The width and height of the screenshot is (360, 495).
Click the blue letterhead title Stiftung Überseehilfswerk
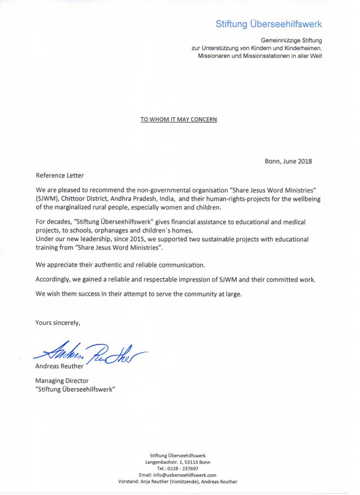pos(269,24)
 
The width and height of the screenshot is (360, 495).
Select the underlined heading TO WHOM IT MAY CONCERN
pos(179,119)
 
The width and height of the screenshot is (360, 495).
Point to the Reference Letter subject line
pos(60,176)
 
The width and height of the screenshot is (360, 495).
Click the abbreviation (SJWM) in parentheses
pos(50,199)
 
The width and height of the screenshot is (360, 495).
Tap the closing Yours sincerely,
pos(58,323)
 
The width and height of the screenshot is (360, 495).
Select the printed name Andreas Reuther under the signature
pos(59,366)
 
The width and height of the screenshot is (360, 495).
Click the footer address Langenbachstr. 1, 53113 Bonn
pos(177,462)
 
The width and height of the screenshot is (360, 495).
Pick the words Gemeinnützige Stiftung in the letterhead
pos(291,41)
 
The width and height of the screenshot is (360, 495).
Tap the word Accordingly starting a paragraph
pos(55,279)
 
